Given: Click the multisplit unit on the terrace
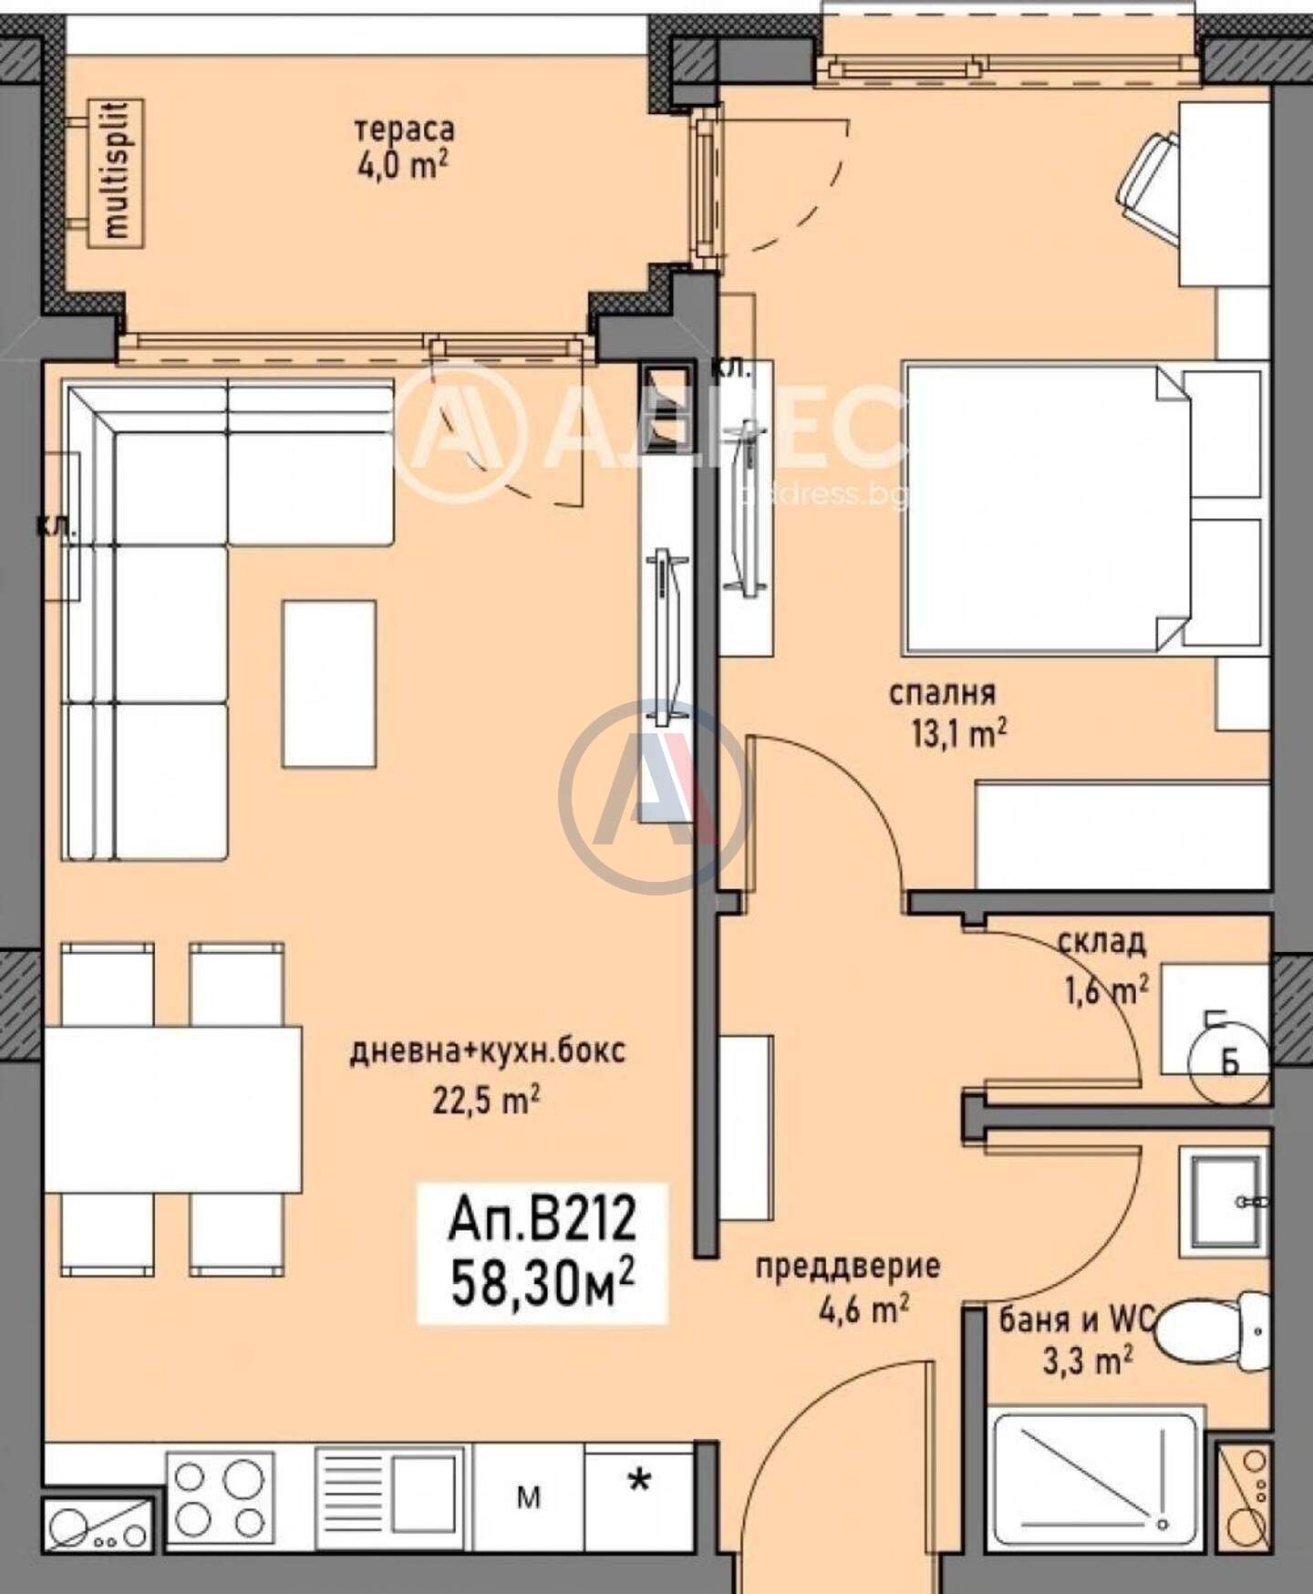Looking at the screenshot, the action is click(x=116, y=171).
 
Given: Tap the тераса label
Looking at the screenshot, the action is click(x=404, y=129).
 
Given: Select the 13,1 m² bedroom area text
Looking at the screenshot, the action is click(x=958, y=733).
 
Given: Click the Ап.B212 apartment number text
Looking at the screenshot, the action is click(x=542, y=1220).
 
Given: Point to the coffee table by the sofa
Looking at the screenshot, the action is click(x=329, y=683).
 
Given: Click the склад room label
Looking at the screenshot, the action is click(x=1101, y=941).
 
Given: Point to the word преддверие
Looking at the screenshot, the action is click(x=847, y=1266).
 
